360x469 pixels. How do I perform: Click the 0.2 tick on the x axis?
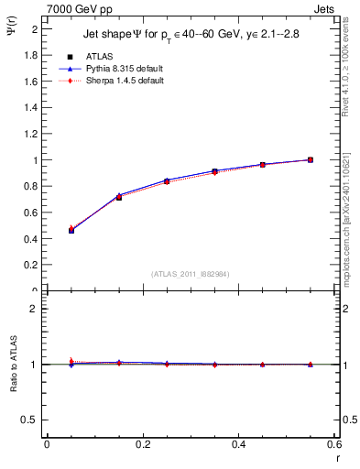(142, 444)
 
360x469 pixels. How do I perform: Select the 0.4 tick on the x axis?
(238, 444)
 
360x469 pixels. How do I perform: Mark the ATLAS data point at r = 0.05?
(71, 230)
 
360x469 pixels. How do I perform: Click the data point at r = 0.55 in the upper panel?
(311, 159)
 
